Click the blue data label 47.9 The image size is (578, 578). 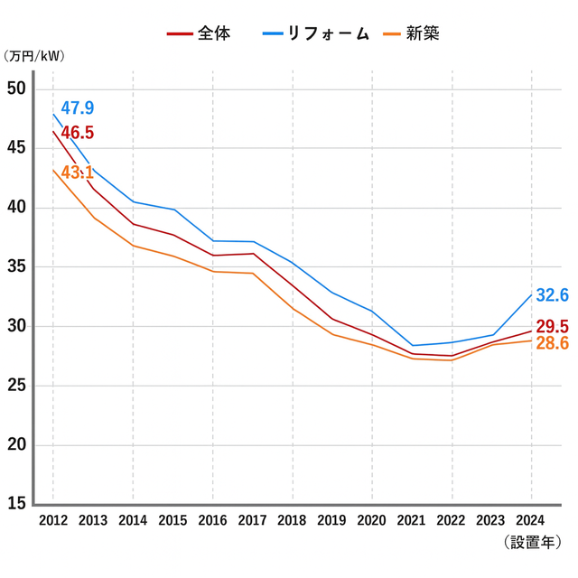77,108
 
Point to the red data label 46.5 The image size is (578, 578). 77,133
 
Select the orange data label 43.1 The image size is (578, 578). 77,172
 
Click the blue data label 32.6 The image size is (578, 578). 552,295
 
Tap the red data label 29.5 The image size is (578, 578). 552,326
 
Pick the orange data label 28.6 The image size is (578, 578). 552,344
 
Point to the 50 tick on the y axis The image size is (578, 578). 16,89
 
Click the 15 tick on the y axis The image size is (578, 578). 16,504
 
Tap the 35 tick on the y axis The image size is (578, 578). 16,266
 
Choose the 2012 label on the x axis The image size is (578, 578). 53,520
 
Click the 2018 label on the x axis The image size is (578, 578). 293,520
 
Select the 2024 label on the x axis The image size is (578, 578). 531,520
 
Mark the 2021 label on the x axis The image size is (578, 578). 412,520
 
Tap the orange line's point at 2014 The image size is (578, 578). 133,246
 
